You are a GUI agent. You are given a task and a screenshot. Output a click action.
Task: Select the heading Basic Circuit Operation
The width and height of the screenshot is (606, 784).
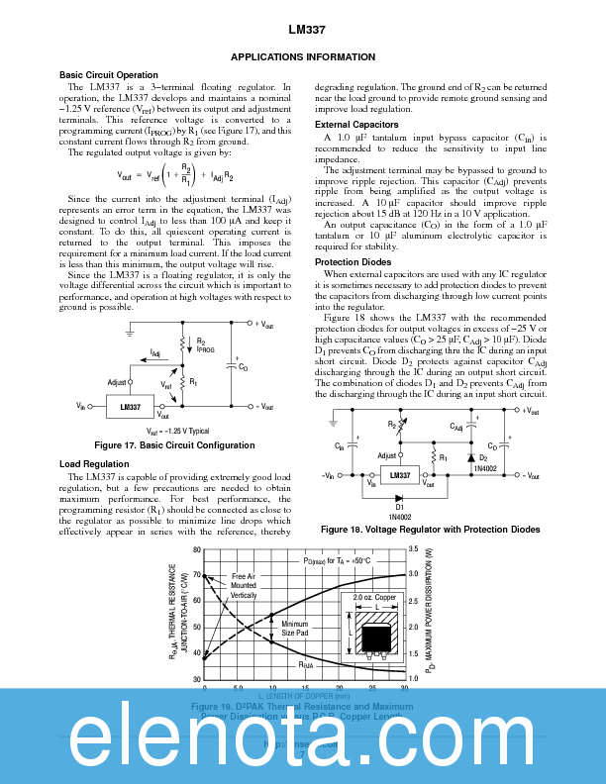(108, 75)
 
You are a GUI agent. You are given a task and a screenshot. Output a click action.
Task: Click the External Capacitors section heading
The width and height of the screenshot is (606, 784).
(356, 125)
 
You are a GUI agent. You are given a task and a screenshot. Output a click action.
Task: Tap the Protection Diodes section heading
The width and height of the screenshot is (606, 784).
(353, 262)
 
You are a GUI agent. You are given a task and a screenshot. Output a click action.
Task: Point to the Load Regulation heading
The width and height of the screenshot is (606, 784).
(94, 464)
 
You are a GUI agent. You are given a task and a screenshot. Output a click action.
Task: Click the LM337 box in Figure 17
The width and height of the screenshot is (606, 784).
(130, 407)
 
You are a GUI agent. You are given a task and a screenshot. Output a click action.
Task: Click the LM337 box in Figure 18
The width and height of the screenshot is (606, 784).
(400, 476)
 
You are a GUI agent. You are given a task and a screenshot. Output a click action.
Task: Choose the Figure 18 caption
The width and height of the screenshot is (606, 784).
(431, 530)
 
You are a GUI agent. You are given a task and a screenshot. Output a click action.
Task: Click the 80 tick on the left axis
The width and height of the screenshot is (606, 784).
(196, 549)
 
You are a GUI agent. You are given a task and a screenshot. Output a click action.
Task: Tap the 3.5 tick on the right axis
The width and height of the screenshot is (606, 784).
(413, 548)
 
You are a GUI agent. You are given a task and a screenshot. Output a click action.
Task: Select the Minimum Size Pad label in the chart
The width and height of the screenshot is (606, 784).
(295, 628)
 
